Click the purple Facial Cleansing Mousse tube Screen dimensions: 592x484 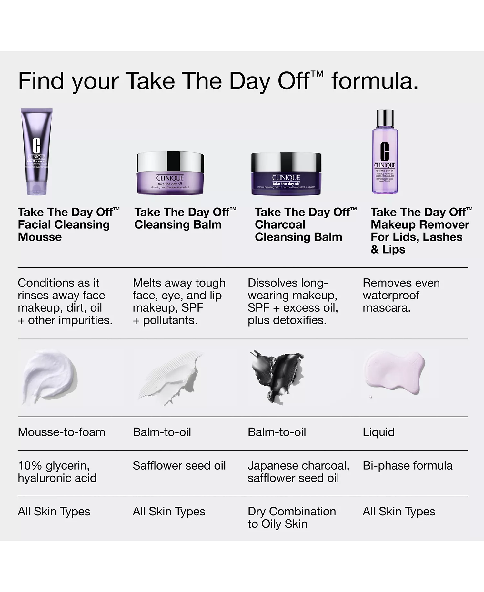(36, 152)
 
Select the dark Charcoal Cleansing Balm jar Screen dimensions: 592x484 (286, 174)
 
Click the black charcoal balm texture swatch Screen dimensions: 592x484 (277, 375)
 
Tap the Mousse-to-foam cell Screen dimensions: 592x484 (61, 432)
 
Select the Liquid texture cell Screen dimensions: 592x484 (378, 432)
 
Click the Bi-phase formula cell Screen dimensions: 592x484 (407, 466)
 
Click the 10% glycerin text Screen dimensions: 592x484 (53, 466)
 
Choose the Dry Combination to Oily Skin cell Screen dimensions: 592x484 (291, 517)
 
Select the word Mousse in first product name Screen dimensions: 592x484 (40, 237)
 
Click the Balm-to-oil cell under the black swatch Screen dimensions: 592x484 (277, 432)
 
